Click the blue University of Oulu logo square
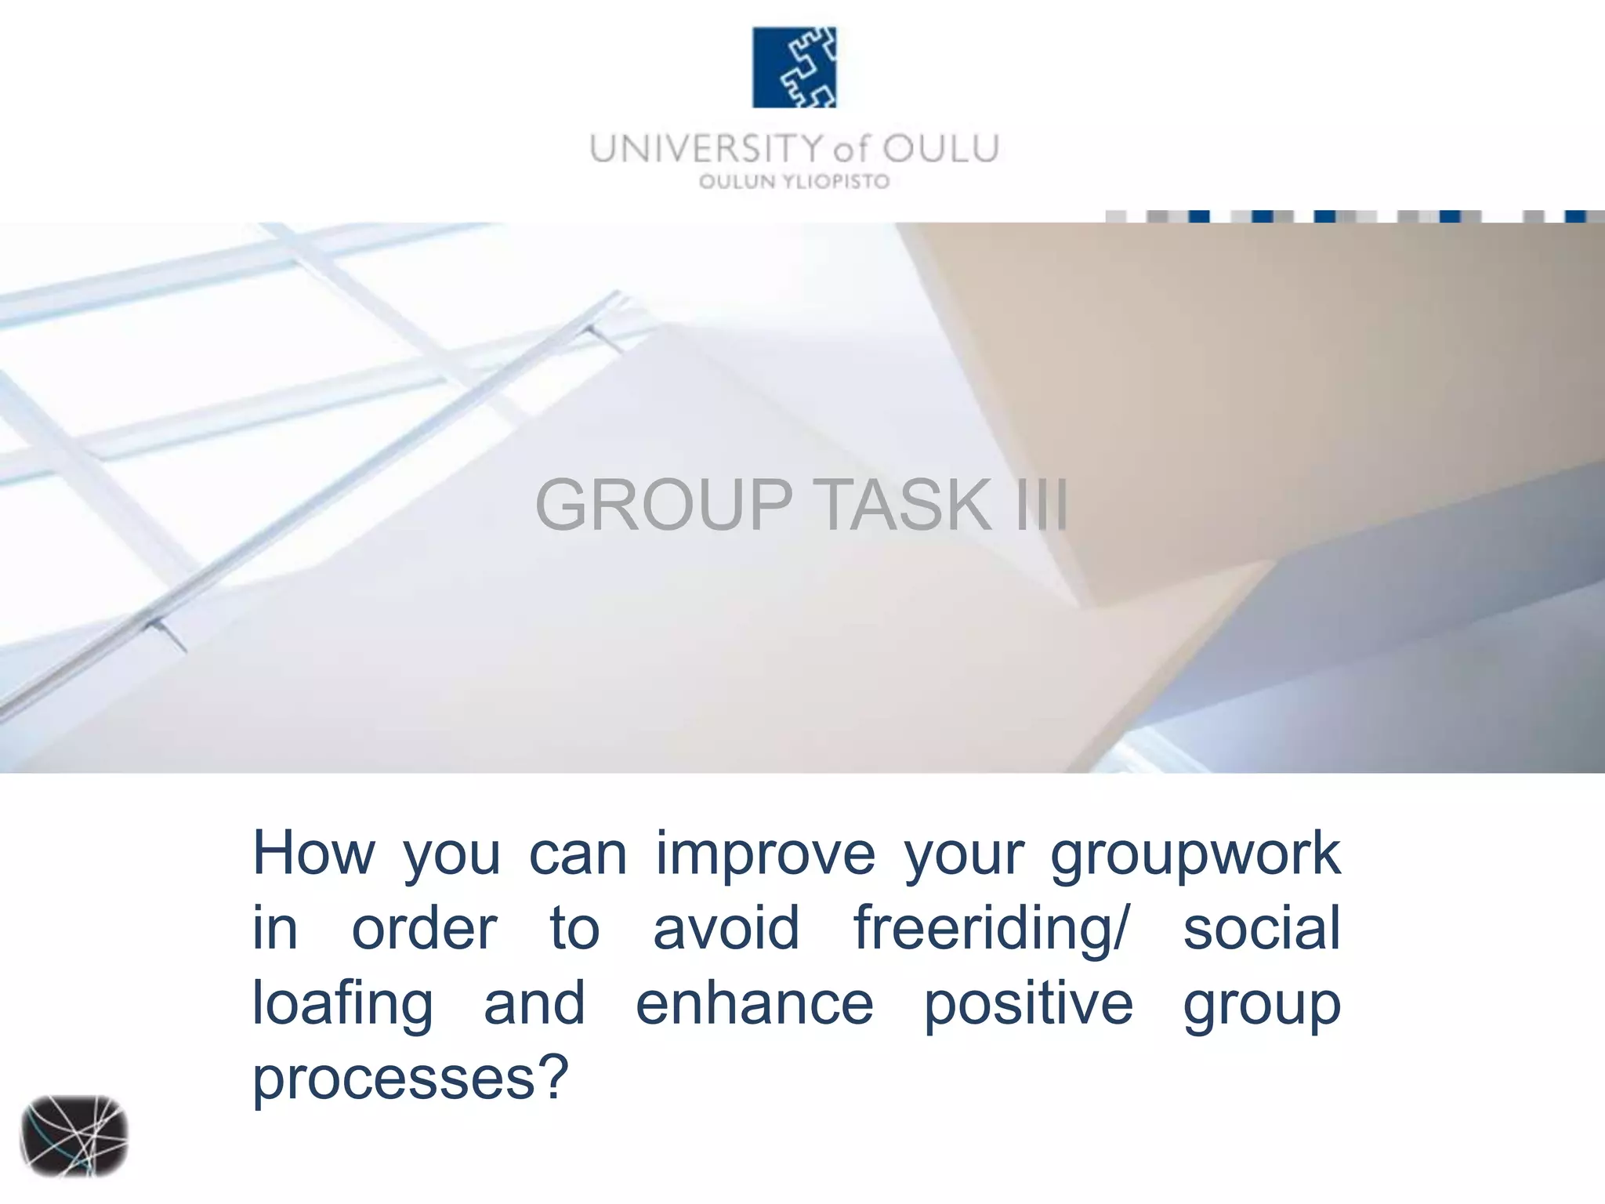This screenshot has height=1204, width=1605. [x=794, y=67]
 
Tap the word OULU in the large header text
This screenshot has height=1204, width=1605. [x=940, y=149]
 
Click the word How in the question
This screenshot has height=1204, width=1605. [x=313, y=853]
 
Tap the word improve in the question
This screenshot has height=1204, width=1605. [x=765, y=853]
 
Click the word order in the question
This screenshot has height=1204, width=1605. [x=424, y=928]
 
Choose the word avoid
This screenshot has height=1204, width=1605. [x=726, y=928]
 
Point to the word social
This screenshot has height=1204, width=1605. [x=1262, y=928]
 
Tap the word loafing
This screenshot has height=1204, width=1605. [x=342, y=1005]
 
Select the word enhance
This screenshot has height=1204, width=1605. [x=754, y=1003]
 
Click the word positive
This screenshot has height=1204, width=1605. [x=1028, y=1005]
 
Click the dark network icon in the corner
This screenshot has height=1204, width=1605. [x=74, y=1136]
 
